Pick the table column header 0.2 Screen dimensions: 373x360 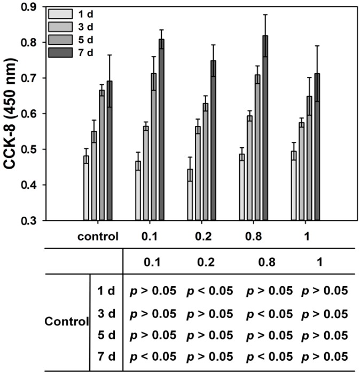209,262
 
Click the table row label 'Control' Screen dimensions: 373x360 66,322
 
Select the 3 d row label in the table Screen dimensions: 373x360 105,312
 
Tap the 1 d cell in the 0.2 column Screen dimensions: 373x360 209,291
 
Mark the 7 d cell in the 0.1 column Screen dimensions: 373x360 153,356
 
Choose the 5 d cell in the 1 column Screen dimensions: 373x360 324,335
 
